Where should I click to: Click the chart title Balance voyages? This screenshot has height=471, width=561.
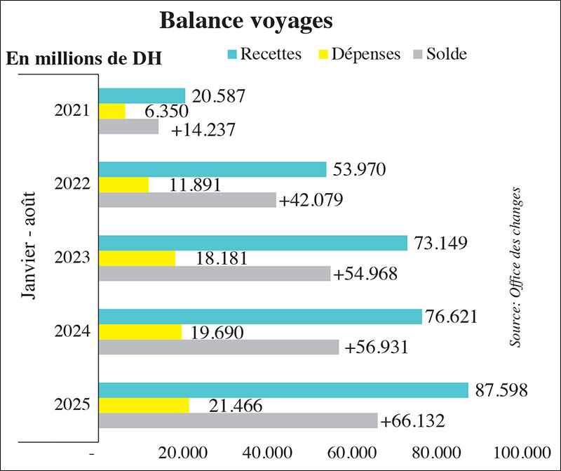(245, 21)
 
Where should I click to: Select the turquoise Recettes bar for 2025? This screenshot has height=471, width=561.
(283, 390)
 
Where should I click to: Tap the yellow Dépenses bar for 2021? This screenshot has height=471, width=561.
(111, 112)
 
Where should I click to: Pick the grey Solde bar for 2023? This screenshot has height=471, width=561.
(214, 273)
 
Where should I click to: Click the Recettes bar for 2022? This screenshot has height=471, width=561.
(212, 169)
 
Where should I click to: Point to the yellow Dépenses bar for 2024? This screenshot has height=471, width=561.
(140, 332)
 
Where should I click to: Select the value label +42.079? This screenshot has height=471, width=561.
(311, 200)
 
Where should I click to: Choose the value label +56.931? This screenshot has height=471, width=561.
(374, 347)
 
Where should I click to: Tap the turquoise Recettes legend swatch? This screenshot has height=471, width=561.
(230, 54)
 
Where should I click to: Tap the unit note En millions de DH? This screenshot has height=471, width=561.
(84, 58)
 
